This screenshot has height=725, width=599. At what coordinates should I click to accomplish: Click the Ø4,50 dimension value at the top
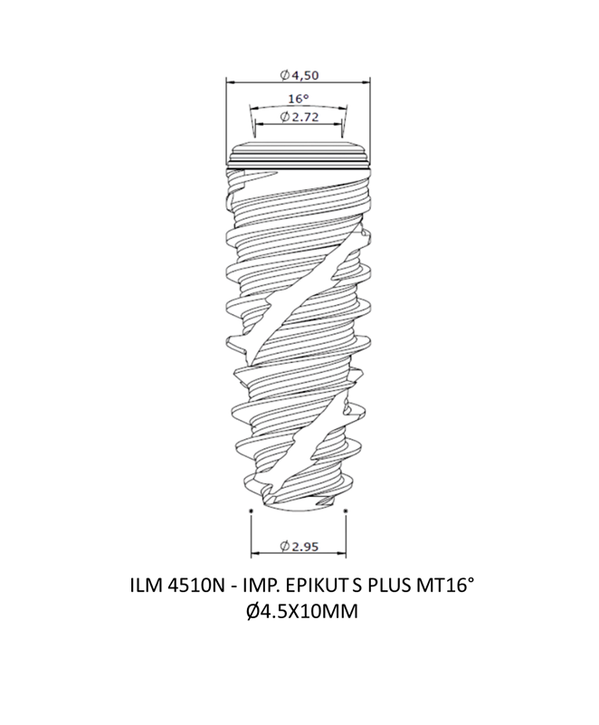coord(299,75)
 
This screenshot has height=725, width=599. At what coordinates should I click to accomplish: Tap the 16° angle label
coord(298,99)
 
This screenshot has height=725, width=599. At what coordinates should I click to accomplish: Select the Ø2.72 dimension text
coord(299,117)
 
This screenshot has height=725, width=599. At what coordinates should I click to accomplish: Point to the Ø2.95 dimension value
coord(299,547)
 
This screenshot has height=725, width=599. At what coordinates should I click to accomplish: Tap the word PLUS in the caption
coord(389,587)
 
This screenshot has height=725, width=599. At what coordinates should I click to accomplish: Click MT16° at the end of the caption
coord(444,586)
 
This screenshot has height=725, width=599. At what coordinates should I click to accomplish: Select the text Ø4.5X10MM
coord(302,612)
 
